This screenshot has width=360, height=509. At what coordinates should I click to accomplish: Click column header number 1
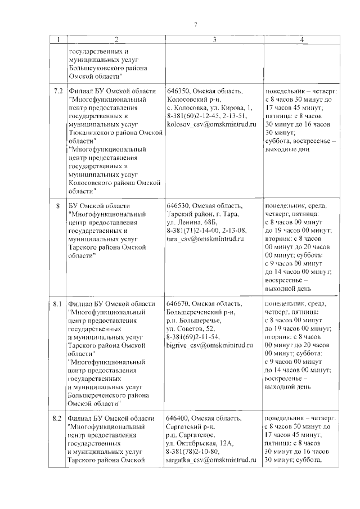coord(58,39)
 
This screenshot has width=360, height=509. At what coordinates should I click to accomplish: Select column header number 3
coord(214,39)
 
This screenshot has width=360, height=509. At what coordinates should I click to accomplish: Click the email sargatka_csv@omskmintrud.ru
coord(211,458)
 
